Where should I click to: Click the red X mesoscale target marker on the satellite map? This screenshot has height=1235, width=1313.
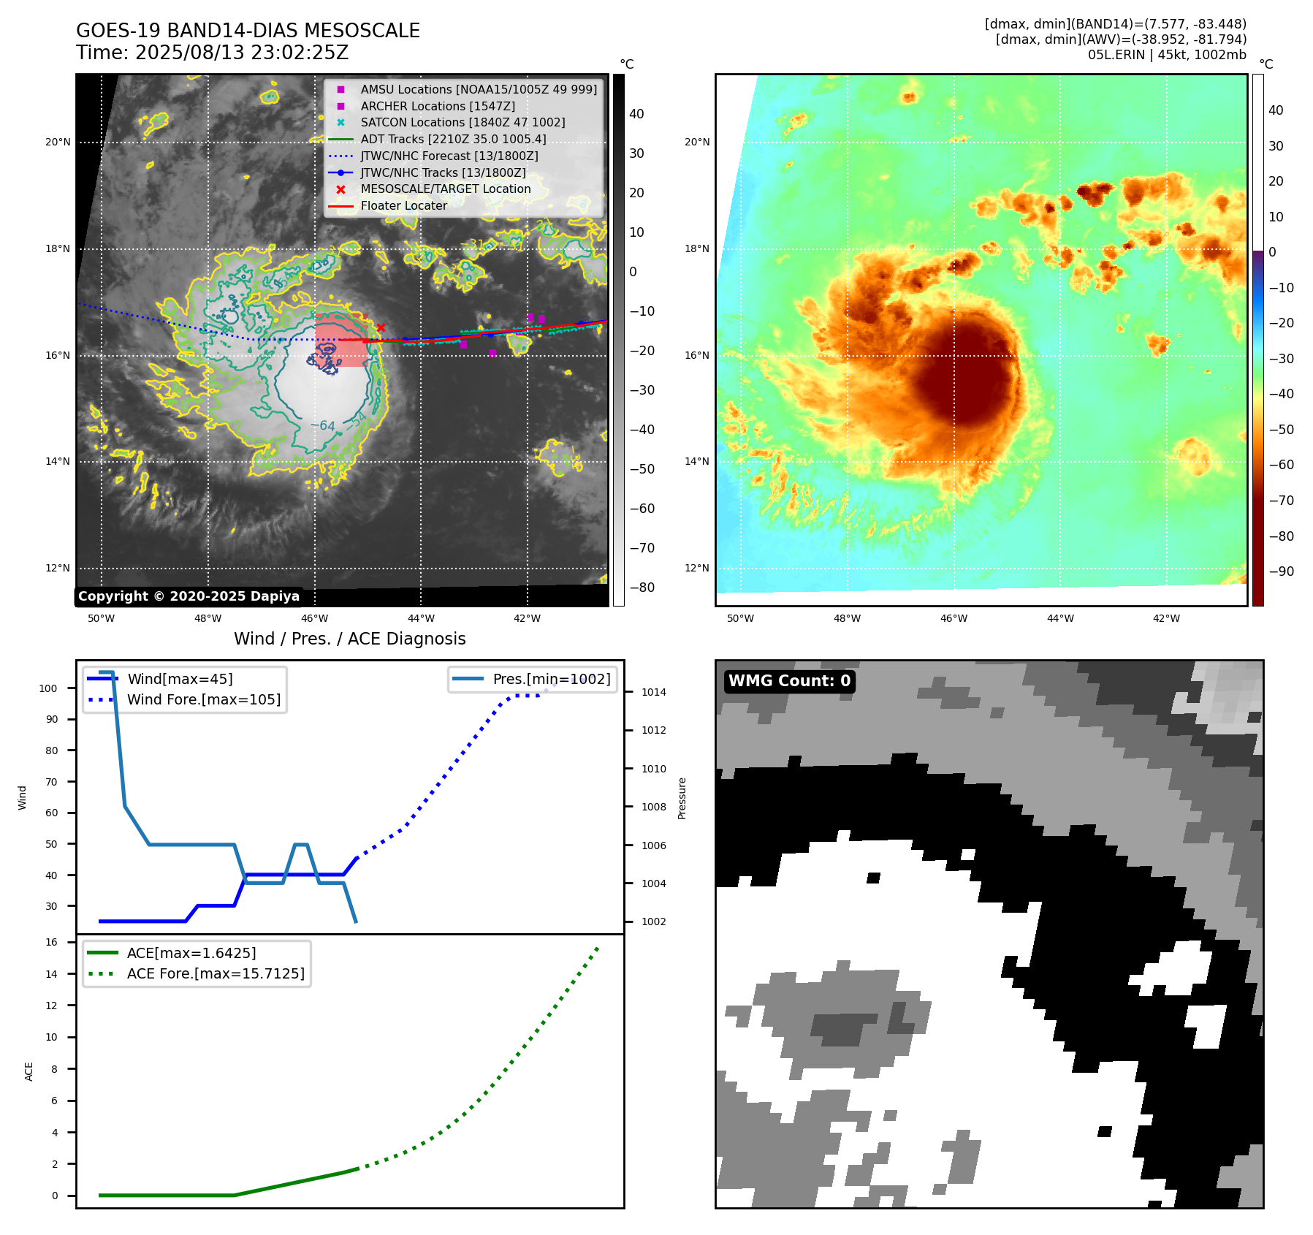pyautogui.click(x=381, y=328)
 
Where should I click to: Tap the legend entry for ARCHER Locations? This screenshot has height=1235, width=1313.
pyautogui.click(x=437, y=106)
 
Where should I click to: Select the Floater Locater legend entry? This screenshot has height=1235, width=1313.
pyautogui.click(x=403, y=206)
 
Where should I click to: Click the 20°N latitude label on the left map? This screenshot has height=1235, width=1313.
pyautogui.click(x=58, y=142)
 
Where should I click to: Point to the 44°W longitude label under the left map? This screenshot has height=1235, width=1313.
pyautogui.click(x=421, y=618)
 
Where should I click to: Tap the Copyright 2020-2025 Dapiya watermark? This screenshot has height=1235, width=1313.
pyautogui.click(x=189, y=596)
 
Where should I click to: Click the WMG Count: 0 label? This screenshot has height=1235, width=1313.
pyautogui.click(x=789, y=681)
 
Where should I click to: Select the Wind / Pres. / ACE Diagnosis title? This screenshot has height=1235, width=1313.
pyautogui.click(x=349, y=639)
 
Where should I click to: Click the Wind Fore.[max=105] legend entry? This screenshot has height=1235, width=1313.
pyautogui.click(x=203, y=699)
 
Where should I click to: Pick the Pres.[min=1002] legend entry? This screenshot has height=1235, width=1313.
pyautogui.click(x=551, y=679)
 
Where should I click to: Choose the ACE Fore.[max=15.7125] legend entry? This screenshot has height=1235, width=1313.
pyautogui.click(x=215, y=973)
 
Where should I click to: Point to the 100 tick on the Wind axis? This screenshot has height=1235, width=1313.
pyautogui.click(x=48, y=688)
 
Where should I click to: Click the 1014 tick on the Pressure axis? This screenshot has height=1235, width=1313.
pyautogui.click(x=654, y=692)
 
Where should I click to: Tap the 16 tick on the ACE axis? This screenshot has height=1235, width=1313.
pyautogui.click(x=52, y=942)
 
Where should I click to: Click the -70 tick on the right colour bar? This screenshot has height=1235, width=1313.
pyautogui.click(x=1281, y=501)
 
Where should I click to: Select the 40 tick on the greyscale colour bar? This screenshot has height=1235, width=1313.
pyautogui.click(x=636, y=114)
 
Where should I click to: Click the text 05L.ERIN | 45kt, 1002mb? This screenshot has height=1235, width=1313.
pyautogui.click(x=1167, y=55)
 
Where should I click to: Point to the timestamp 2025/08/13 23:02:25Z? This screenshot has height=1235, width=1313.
pyautogui.click(x=242, y=53)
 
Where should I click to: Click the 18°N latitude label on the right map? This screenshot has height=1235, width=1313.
pyautogui.click(x=697, y=249)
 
